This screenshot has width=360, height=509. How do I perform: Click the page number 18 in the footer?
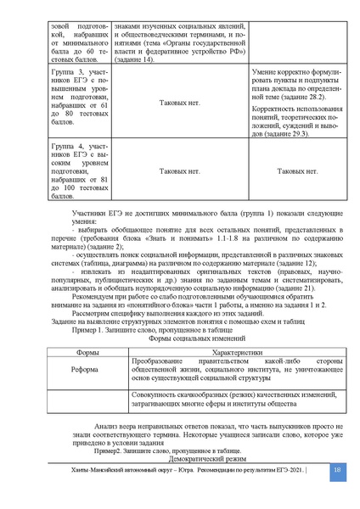pyautogui.click(x=337, y=493)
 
